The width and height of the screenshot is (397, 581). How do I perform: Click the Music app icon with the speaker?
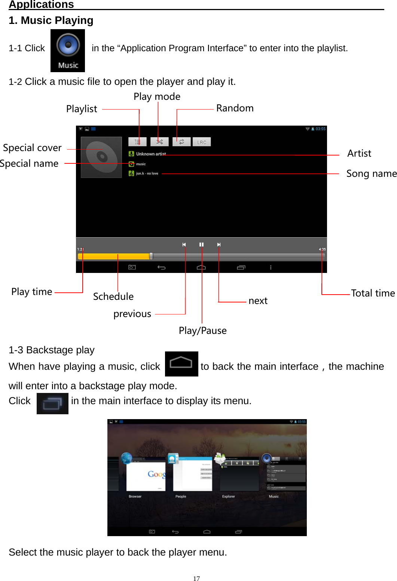coord(68,50)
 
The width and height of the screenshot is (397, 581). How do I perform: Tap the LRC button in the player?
coord(202,142)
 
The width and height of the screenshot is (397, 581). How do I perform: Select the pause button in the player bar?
coord(201,245)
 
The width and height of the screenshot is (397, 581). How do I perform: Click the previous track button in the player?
coord(184,245)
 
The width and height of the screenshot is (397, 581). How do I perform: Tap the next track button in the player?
coord(219,245)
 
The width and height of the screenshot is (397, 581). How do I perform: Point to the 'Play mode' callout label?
coord(157,96)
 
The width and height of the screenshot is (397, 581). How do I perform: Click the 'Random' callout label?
coord(235,108)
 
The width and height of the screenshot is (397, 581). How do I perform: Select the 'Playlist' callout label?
coord(82,109)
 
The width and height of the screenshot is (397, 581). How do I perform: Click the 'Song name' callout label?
coord(371,173)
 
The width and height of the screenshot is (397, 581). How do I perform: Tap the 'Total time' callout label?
coord(373,293)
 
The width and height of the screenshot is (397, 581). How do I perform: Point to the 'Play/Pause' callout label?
coord(202,331)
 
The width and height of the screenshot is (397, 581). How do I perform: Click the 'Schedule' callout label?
coord(113,296)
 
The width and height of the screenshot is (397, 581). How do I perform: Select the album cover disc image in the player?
coord(101,157)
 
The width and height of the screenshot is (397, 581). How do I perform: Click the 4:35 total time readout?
coord(322,249)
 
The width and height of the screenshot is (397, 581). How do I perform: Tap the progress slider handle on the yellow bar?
coord(151,256)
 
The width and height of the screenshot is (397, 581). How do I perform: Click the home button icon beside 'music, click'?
coord(181,364)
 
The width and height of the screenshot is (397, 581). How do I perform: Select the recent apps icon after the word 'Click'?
coord(52,403)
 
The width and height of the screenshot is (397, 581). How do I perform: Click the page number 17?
coord(196,578)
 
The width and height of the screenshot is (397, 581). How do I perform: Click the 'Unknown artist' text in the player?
coord(151,154)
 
